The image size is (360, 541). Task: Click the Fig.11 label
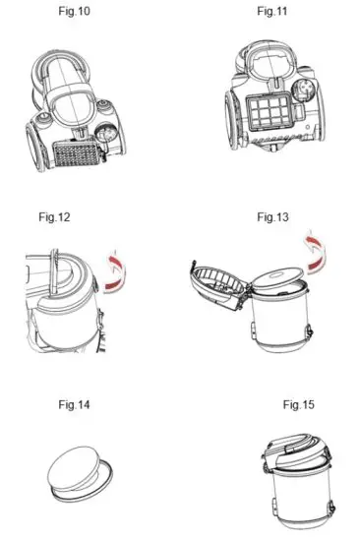270,11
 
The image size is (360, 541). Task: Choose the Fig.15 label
296,404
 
